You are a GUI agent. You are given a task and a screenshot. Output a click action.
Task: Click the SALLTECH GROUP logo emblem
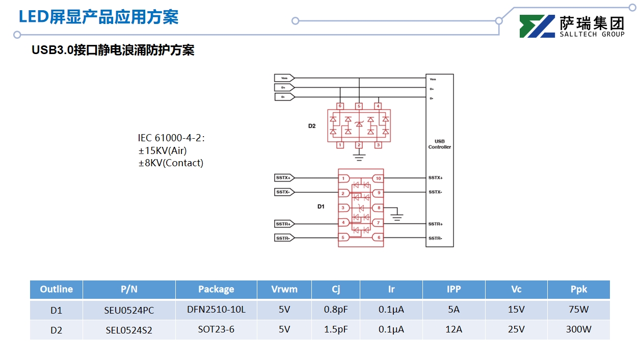point(537,27)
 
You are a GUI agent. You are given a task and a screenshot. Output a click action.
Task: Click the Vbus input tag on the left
point(284,78)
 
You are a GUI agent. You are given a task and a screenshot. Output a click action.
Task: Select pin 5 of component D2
point(359,106)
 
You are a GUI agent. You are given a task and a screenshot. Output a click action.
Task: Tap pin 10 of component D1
point(378,178)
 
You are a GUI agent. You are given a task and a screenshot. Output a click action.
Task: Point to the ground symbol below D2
point(359,158)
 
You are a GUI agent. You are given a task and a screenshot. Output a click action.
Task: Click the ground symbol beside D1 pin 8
point(397,217)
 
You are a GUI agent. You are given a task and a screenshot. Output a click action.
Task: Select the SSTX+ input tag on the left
point(283,178)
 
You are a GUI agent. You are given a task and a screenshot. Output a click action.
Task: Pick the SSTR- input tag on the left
point(283,238)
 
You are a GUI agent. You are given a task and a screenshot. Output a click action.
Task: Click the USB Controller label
point(439,144)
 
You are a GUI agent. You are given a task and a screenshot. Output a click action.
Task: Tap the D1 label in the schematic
point(321,207)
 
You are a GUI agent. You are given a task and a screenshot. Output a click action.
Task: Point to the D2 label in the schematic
point(312,125)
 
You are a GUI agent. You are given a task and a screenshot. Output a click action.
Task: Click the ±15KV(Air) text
point(163,150)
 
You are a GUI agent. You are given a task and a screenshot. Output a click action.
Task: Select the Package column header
point(216,289)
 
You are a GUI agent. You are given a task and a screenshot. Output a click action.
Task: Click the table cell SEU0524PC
point(129,310)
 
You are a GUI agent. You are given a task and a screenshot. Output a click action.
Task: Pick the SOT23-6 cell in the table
point(216,329)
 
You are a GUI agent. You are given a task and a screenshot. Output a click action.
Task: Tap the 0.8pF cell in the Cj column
point(336,310)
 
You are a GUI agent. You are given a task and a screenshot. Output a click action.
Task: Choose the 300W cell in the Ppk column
point(578,329)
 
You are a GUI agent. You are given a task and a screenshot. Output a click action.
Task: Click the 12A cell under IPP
point(454,329)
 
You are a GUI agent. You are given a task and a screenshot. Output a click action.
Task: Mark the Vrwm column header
point(284,289)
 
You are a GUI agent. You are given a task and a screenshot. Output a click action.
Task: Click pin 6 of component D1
point(378,238)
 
